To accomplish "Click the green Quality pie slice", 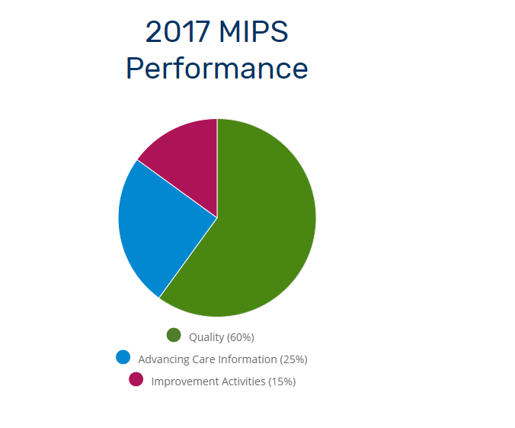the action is (x=256, y=224).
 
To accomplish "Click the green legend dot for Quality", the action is (x=174, y=335).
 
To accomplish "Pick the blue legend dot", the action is (x=123, y=357).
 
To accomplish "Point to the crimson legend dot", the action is (x=136, y=379).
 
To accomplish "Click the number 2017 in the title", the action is (x=178, y=31).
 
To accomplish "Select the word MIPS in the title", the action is (x=254, y=31).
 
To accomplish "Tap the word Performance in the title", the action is (x=217, y=69).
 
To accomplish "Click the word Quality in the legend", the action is (x=206, y=337).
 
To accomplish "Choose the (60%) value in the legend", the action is (x=241, y=337).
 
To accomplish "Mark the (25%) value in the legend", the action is (x=293, y=359).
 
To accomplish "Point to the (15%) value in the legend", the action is (x=282, y=381).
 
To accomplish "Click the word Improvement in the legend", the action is (x=185, y=381).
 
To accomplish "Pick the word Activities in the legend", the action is (x=243, y=381).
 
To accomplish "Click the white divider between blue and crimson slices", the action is (x=178, y=189).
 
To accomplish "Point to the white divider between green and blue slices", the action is (x=188, y=258).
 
